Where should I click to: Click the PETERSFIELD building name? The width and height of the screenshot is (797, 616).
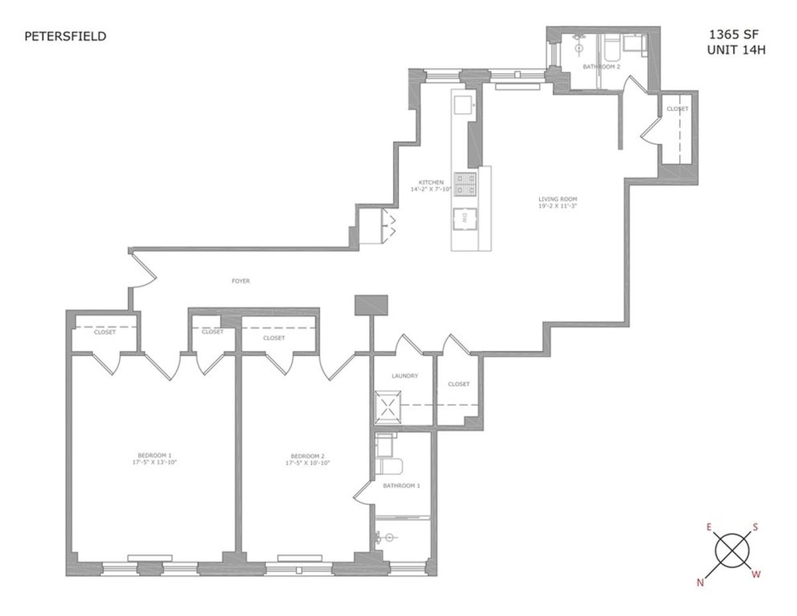click(65, 37)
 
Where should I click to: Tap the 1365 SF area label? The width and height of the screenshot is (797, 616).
click(733, 35)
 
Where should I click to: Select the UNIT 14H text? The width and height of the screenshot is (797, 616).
click(736, 50)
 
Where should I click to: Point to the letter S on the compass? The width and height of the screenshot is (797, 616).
click(755, 527)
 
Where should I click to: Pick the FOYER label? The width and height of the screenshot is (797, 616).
click(240, 281)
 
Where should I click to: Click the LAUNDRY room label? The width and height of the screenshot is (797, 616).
click(404, 375)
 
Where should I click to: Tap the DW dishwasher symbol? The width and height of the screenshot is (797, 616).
click(465, 219)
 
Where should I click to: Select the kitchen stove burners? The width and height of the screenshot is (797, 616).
click(465, 184)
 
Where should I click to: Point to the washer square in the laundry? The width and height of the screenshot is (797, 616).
click(387, 407)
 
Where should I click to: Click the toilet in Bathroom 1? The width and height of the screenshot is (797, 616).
click(389, 466)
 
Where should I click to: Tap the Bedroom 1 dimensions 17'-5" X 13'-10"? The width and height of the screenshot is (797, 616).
click(155, 462)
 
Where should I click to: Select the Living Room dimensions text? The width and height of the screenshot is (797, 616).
click(558, 206)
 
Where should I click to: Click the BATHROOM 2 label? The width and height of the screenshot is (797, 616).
click(602, 66)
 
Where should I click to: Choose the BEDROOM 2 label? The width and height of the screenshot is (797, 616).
click(308, 456)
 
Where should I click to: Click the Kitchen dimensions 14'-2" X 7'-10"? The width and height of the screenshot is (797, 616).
click(431, 189)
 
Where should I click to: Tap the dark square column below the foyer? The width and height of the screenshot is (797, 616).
click(371, 305)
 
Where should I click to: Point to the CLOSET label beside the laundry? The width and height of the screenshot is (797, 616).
click(458, 384)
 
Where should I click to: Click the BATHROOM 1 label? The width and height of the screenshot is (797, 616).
click(401, 485)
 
